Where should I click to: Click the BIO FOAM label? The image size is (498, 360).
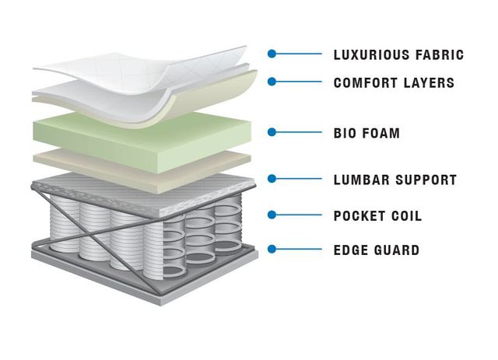click(x=366, y=133)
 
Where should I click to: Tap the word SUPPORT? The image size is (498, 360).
click(x=426, y=180)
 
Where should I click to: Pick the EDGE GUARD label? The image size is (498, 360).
click(x=377, y=250)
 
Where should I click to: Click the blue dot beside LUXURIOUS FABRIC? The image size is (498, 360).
click(x=272, y=54)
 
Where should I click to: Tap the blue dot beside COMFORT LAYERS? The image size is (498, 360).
click(x=272, y=82)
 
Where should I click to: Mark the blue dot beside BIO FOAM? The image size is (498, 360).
click(x=272, y=132)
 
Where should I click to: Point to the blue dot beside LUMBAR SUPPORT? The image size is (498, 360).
click(x=272, y=179)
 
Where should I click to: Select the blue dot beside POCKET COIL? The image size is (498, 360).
click(x=272, y=215)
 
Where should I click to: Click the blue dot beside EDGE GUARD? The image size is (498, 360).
click(x=272, y=249)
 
